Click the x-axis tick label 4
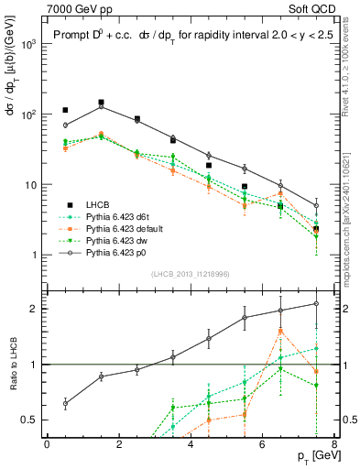(191, 444)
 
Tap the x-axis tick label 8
(333, 444)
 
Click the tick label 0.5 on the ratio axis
(30, 420)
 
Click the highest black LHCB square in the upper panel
(101, 103)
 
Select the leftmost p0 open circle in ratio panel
(65, 403)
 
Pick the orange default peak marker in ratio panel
(280, 331)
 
